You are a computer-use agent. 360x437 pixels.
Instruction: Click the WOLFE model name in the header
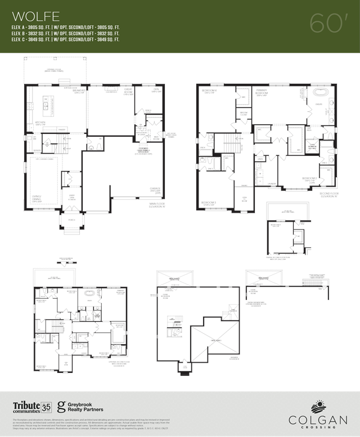pos(33,15)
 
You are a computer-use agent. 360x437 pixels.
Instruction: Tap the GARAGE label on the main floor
pos(154,189)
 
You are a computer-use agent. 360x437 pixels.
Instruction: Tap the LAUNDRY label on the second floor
pos(271,183)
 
